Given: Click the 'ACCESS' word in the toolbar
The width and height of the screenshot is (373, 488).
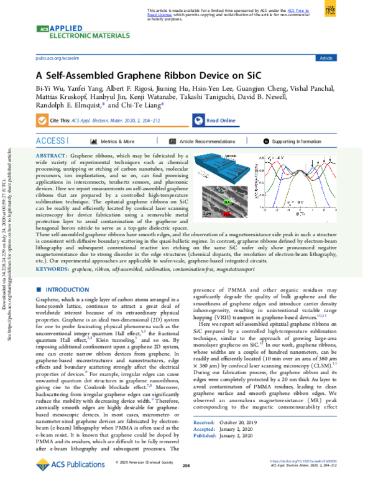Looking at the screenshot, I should coord(50,141).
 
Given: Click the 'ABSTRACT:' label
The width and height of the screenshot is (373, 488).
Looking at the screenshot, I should coord(52,155).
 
